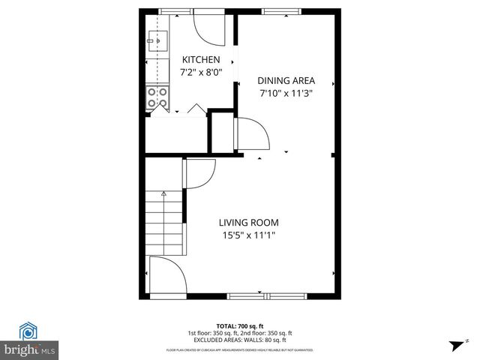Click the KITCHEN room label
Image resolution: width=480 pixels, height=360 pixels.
(x=201, y=60)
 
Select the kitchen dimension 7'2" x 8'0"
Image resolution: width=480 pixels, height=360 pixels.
(x=201, y=73)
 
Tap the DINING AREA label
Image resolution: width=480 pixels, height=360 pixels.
(x=286, y=81)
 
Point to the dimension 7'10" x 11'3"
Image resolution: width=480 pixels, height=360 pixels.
(x=286, y=94)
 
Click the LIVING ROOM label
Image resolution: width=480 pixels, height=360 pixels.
(x=249, y=222)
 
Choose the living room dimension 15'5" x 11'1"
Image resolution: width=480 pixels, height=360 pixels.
(x=249, y=235)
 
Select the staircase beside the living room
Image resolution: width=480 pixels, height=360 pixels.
(x=163, y=221)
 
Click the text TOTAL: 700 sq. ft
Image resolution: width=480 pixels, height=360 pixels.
(x=240, y=326)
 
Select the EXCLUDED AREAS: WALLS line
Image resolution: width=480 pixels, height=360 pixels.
(x=240, y=340)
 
